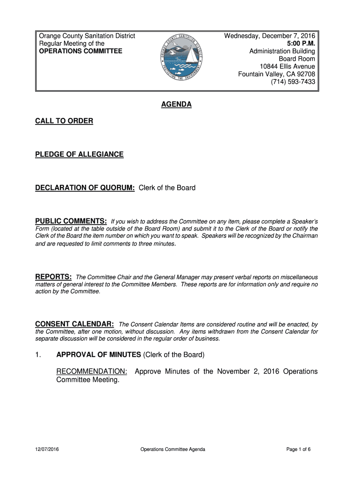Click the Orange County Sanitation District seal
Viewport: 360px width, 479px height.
180,58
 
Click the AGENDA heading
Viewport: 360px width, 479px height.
176,105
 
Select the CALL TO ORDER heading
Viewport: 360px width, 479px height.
64,121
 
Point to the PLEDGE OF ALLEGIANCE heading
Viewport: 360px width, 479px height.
79,154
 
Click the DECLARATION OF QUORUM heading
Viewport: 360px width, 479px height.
85,188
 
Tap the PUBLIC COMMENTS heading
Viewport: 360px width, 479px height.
71,221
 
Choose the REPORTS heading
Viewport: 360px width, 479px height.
53,277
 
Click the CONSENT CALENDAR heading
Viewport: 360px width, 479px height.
74,324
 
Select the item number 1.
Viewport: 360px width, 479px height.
38,355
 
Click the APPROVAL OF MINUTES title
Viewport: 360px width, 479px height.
99,355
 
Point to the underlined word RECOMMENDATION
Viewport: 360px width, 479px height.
92,371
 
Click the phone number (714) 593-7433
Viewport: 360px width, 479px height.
293,82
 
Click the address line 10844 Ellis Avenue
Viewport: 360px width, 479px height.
288,66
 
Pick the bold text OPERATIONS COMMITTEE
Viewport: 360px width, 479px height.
80,51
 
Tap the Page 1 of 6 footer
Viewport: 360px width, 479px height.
298,450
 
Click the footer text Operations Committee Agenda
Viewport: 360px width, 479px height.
173,450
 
